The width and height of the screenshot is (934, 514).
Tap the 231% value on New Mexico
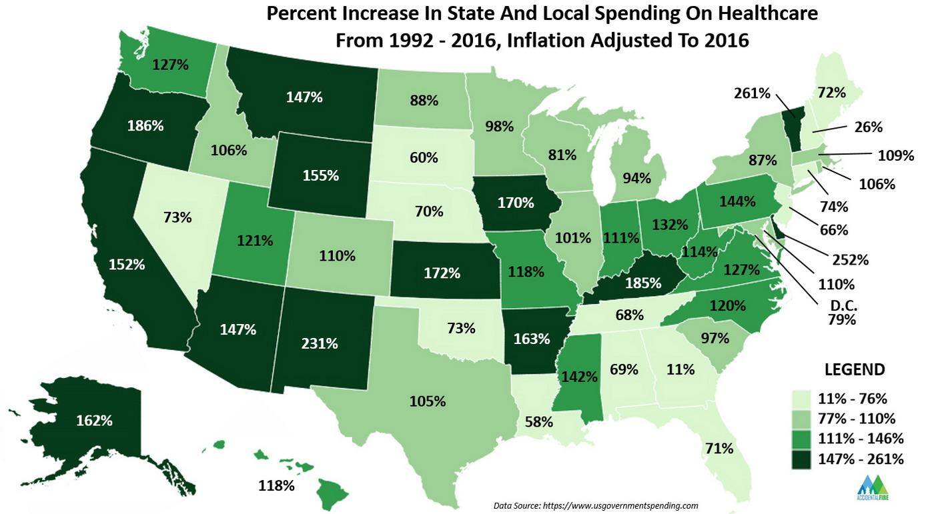tap(319, 344)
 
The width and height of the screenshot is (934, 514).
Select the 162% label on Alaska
tap(95, 421)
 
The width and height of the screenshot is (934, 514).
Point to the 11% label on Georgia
tap(680, 369)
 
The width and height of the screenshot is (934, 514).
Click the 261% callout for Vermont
tap(752, 93)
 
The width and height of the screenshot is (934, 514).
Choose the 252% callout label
tap(850, 260)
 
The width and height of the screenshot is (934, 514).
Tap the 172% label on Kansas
tap(442, 273)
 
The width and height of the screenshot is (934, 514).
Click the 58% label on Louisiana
tap(538, 421)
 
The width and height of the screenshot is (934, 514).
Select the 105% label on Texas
tap(427, 401)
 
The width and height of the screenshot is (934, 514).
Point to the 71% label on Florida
tap(719, 447)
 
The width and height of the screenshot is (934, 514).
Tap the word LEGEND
tap(855, 369)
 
